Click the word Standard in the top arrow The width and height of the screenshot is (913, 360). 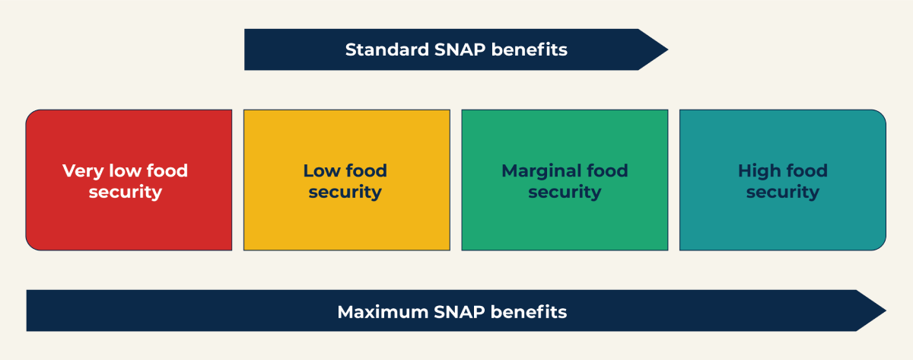point(387,49)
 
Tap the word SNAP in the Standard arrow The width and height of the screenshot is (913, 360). point(460,49)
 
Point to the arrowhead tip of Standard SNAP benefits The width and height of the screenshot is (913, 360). point(668,49)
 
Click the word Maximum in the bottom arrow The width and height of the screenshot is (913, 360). point(383,312)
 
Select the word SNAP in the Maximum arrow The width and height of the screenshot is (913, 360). point(460,312)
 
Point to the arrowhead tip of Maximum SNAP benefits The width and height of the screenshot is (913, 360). point(886,311)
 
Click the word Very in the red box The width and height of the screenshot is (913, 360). point(83,171)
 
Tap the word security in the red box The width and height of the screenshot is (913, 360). point(126,192)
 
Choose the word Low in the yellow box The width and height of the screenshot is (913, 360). point(322,170)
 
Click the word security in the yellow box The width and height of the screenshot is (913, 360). point(345,192)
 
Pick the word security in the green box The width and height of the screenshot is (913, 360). point(565,192)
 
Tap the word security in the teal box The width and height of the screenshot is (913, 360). point(783,192)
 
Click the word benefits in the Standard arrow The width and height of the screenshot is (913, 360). point(530,49)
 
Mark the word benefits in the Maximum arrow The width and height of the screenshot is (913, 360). point(529,312)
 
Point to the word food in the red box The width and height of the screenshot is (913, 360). point(167,170)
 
